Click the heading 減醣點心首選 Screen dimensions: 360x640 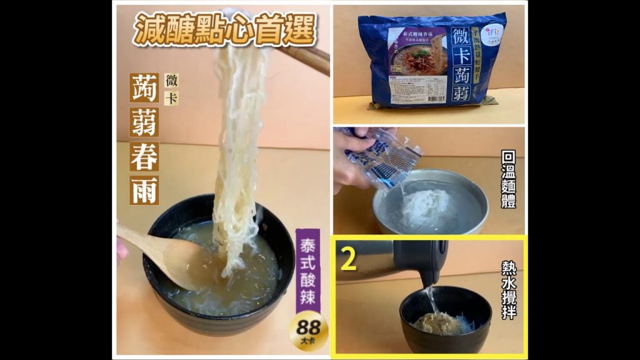tap(224, 27)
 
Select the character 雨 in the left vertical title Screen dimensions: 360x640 tap(144, 189)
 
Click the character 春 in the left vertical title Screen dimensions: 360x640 tap(144, 156)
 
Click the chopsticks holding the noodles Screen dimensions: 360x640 tap(306, 57)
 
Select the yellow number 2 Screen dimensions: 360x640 tap(348, 259)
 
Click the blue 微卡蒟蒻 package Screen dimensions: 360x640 tap(431, 61)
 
